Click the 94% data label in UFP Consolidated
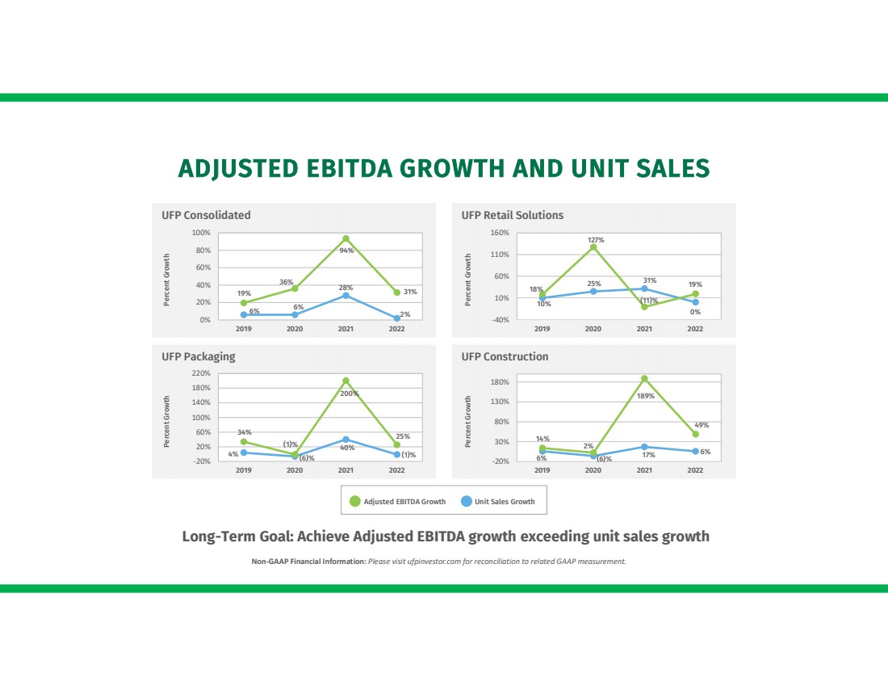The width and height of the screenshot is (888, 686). point(346,250)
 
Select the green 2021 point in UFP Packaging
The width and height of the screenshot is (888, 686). point(346,381)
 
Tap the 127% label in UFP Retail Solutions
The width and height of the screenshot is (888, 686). point(596,240)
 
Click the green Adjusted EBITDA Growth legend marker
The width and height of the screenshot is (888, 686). point(355,501)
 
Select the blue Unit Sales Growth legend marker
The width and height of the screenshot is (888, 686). point(466,501)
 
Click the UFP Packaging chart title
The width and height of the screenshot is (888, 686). point(199,356)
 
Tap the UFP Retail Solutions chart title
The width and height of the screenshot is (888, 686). point(512,215)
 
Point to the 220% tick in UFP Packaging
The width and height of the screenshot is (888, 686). point(201,373)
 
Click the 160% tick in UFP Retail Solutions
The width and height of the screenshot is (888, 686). point(500,233)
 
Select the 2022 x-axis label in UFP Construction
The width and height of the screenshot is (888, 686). point(695,470)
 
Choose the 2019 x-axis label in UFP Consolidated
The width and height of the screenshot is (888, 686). point(244,329)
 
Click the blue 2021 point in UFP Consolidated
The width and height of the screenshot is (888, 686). point(346,296)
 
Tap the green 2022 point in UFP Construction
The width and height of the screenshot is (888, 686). point(695,434)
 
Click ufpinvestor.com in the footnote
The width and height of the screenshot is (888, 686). point(435,562)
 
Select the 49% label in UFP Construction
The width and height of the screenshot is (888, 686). point(702,424)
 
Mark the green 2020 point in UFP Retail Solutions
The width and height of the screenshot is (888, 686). point(593,247)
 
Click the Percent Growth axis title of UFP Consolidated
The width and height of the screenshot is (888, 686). point(167,280)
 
